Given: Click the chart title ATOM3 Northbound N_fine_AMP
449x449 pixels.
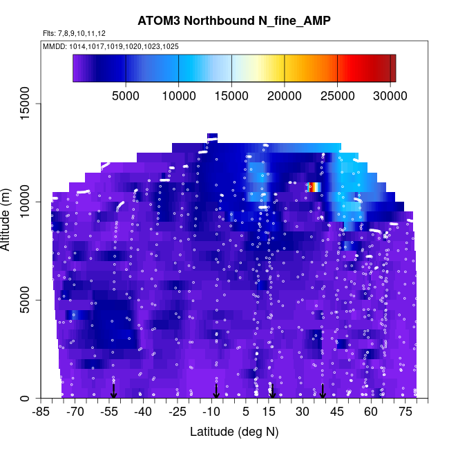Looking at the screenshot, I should tap(234, 21).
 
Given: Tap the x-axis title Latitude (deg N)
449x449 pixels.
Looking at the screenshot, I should tap(234, 432).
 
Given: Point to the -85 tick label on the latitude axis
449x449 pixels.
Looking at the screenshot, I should tap(42, 412).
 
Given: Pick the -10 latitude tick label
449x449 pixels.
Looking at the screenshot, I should tap(211, 412).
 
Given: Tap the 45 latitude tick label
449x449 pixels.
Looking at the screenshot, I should tap(336, 412).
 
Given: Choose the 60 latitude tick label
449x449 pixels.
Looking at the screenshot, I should tap(370, 412).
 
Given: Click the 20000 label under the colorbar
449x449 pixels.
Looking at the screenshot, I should tap(285, 94).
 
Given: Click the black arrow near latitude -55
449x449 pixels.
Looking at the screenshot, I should tap(114, 390).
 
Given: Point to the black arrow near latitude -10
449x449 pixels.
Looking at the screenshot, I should tap(216, 390).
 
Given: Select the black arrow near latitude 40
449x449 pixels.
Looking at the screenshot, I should tap(323, 390).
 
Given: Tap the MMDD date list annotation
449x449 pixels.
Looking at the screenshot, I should tap(111, 46).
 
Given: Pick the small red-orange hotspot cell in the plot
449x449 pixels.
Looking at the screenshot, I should tap(314, 187).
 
